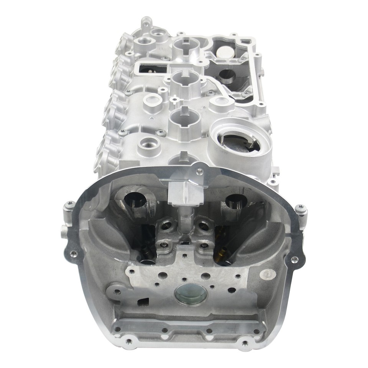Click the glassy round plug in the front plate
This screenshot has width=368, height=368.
click(x=190, y=295)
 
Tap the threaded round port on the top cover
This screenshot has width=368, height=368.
click(x=149, y=145)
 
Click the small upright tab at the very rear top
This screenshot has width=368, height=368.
click(x=145, y=23)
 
